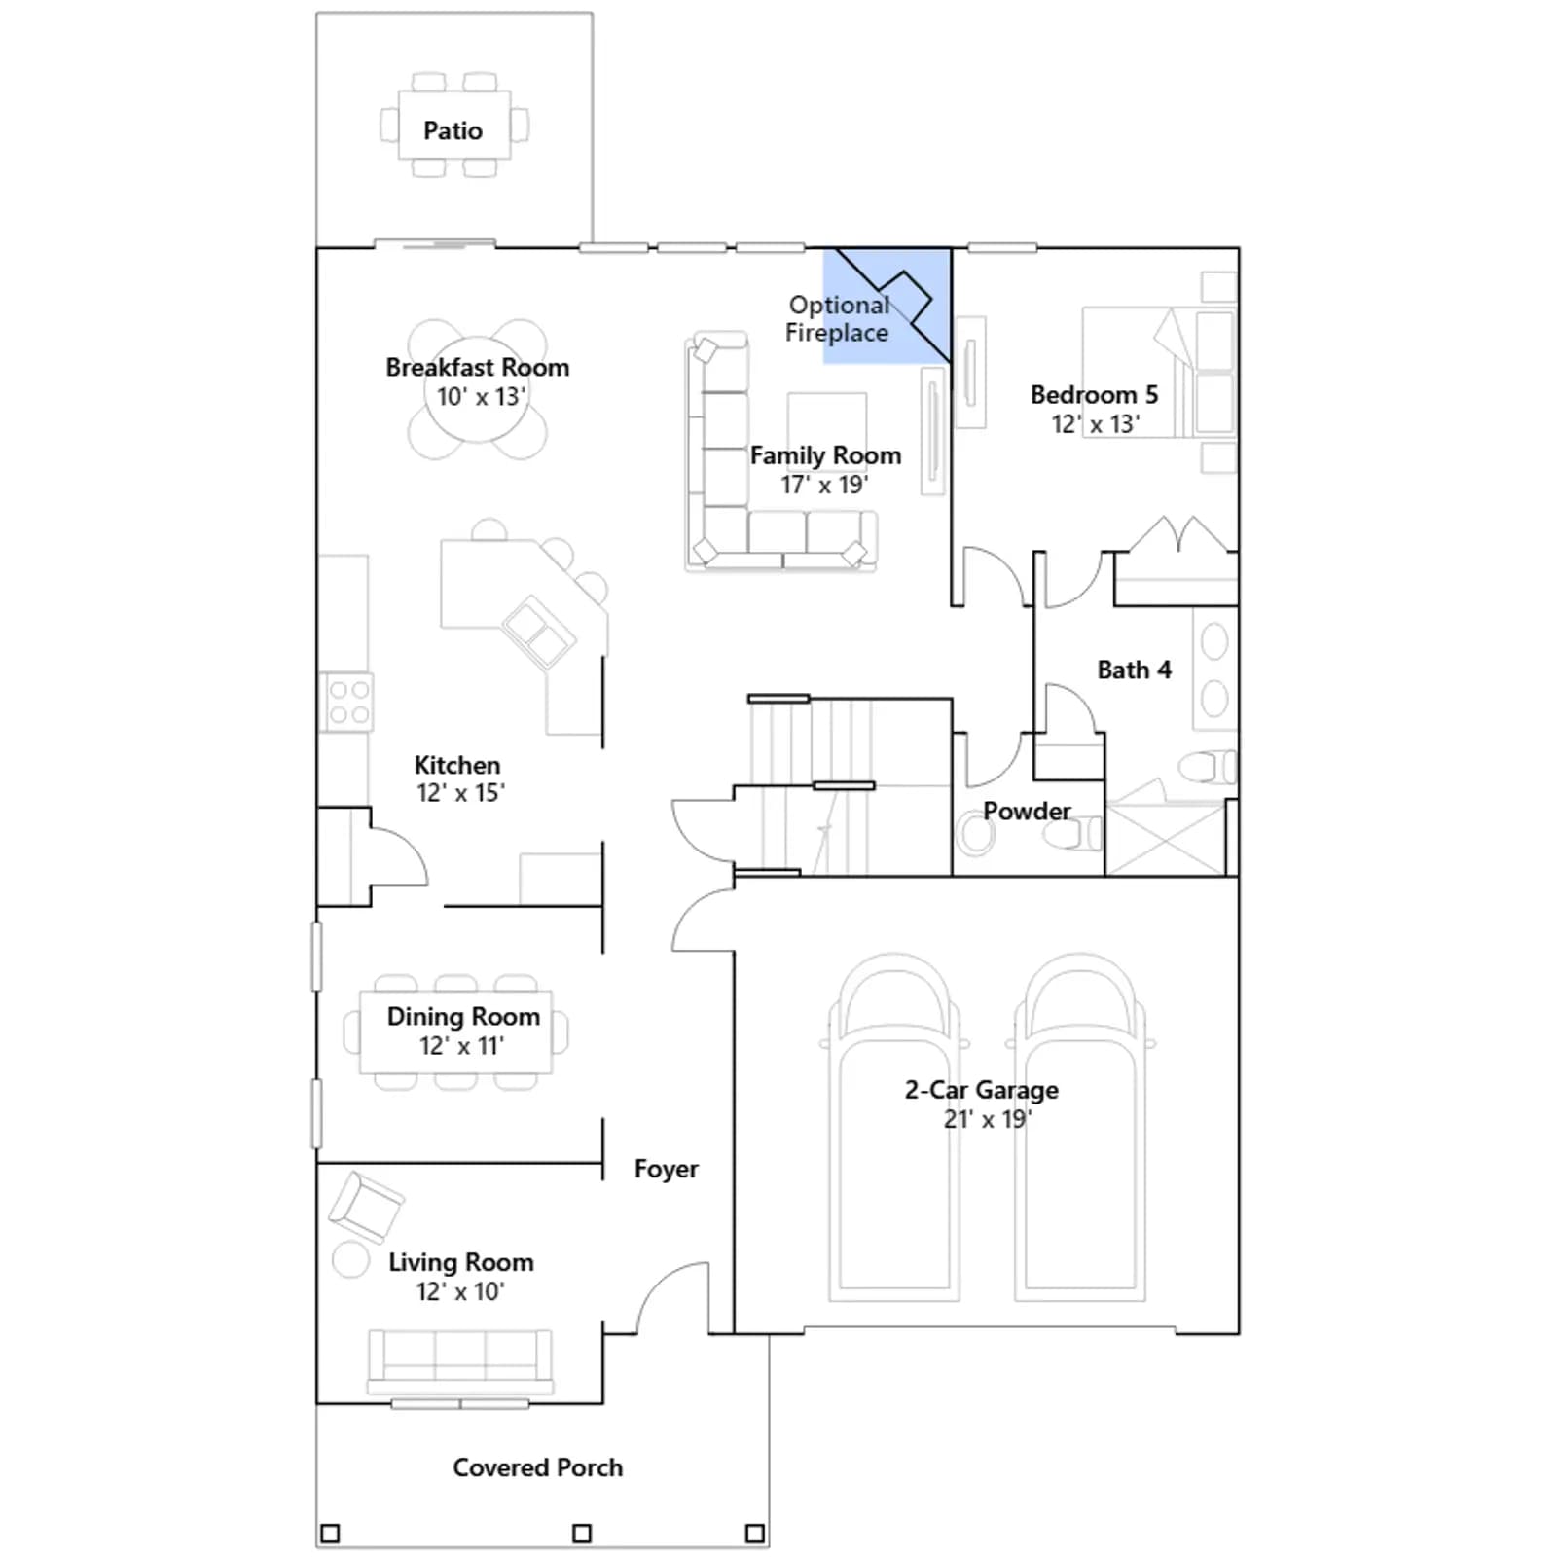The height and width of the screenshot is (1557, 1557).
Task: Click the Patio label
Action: coord(453,130)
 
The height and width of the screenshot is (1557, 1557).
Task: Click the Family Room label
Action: coord(825,455)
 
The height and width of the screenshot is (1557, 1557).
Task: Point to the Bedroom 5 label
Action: coord(1094,395)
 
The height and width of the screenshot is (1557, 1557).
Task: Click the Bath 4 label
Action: coord(1134,670)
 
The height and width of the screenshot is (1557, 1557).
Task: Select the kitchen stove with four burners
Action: coord(346,702)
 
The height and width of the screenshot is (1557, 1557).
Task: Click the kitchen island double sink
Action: coord(538,632)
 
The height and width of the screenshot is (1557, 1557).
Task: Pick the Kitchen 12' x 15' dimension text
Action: coord(460,793)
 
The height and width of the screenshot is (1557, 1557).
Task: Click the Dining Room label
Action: coord(463,1016)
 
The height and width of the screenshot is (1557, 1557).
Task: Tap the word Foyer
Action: coord(666,1169)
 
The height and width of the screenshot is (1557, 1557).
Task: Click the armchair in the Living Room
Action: coord(365,1207)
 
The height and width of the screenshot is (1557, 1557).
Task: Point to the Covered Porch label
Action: coord(537,1467)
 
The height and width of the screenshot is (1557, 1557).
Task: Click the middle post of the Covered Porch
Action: coord(582,1534)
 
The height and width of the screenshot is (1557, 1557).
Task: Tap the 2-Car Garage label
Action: coord(981,1090)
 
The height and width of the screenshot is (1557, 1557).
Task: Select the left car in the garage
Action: coord(894,1128)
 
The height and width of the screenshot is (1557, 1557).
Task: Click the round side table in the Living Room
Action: coord(350,1259)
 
